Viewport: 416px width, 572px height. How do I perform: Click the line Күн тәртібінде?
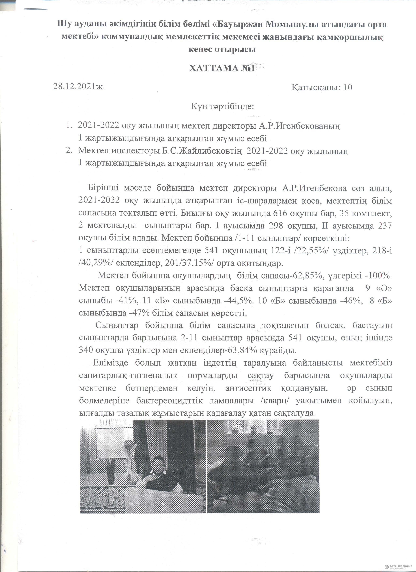[x=222, y=106]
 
